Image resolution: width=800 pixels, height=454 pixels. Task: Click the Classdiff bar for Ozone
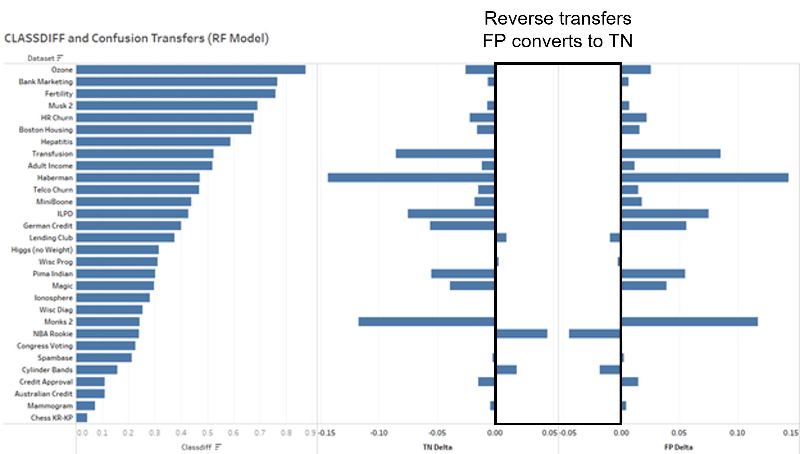point(190,70)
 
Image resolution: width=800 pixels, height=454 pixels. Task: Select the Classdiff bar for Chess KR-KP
point(82,418)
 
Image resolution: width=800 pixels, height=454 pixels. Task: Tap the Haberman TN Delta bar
point(411,178)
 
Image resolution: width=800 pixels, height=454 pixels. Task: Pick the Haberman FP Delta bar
point(705,178)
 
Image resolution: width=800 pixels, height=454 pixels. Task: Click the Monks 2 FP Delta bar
point(689,322)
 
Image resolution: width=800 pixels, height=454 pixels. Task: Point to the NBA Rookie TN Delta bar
point(522,334)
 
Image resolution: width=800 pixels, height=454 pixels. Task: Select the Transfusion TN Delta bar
point(445,153)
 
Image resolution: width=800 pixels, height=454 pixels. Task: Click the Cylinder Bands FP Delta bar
point(610,370)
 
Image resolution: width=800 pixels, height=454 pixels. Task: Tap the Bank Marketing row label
point(46,82)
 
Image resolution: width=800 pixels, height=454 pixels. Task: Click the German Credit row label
point(48,226)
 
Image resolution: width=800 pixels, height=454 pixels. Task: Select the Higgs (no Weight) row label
point(42,250)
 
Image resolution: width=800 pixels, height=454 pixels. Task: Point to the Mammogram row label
point(50,406)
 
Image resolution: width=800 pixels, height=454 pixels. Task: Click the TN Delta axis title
point(437,447)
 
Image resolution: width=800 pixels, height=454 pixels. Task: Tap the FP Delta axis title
point(678,447)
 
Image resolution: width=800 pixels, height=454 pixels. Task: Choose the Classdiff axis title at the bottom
point(196,447)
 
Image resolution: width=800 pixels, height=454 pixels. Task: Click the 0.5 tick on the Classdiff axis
point(207,433)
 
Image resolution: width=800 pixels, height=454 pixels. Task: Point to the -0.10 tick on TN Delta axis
point(379,433)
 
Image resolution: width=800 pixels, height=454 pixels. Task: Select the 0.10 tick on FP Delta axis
point(737,433)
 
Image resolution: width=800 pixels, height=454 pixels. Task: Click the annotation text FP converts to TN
point(557,41)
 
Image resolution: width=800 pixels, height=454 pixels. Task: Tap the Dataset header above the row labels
point(41,58)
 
